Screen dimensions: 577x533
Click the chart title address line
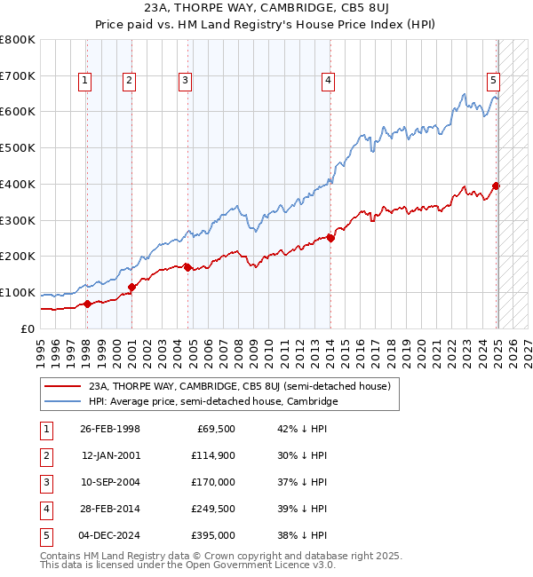[266, 12]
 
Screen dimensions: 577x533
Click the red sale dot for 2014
[330, 238]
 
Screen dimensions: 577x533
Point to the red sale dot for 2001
[131, 287]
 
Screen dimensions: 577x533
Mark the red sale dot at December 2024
[496, 186]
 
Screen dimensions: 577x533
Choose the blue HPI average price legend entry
[212, 401]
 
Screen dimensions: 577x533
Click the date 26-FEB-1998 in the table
[109, 429]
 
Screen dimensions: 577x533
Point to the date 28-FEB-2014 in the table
[109, 509]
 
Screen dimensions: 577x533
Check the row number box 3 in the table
[45, 482]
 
